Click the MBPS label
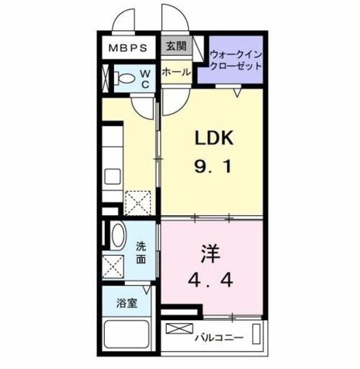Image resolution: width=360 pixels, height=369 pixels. pyautogui.click(x=130, y=49)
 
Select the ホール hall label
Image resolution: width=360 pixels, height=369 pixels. pyautogui.click(x=176, y=72)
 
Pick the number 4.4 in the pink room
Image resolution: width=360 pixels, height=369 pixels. pyautogui.click(x=212, y=280)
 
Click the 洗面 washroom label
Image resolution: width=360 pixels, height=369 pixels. pyautogui.click(x=141, y=253)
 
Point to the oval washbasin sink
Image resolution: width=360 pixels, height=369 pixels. pyautogui.click(x=118, y=238)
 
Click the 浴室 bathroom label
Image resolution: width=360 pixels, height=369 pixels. pyautogui.click(x=126, y=303)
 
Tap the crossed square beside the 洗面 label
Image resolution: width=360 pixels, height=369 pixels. pyautogui.click(x=113, y=266)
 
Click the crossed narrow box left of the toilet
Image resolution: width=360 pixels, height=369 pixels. pyautogui.click(x=106, y=78)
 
